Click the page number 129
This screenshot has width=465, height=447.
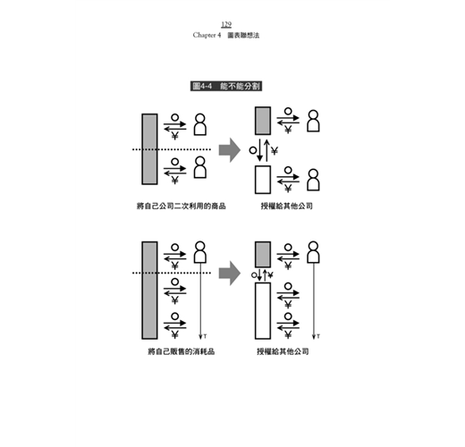click(226, 24)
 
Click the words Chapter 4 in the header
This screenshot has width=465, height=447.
click(207, 35)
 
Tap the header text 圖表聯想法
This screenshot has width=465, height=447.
click(243, 35)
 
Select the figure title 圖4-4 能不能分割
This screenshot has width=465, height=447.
click(226, 86)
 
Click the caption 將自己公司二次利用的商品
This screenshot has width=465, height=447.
click(181, 206)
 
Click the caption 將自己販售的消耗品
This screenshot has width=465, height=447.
click(182, 351)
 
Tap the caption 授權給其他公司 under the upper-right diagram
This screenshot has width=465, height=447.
click(286, 206)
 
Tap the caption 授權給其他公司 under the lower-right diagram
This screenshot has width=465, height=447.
click(283, 351)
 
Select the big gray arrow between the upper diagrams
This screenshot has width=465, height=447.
click(230, 150)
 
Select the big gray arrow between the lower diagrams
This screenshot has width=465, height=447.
click(230, 274)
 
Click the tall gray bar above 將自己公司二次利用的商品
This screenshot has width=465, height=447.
click(149, 149)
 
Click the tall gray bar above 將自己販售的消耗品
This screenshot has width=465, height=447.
click(149, 291)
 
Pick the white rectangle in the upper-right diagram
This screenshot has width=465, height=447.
click(263, 180)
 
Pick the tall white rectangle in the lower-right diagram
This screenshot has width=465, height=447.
click(263, 311)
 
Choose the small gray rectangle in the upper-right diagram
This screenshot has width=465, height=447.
click(263, 121)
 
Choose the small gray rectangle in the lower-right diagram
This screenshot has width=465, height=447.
click(263, 255)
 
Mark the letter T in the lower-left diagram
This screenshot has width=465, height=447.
click(205, 336)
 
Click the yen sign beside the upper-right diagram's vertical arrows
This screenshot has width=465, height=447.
click(275, 151)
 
